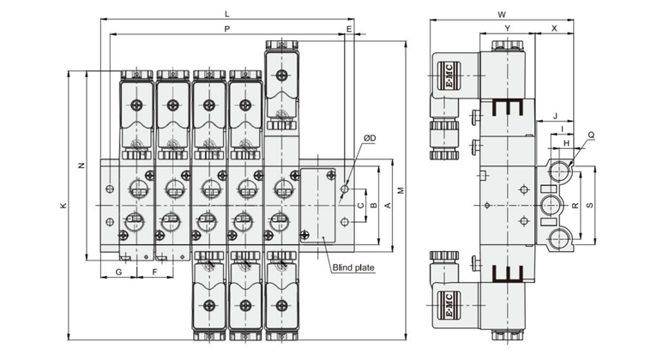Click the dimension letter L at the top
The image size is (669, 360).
(227, 14)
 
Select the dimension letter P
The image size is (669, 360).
(227, 29)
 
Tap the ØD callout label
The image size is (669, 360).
(370, 138)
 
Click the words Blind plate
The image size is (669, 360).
(353, 268)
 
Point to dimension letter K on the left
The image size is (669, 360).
(63, 206)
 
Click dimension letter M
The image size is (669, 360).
(401, 190)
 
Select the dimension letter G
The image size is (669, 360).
(119, 272)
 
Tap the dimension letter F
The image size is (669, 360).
(155, 272)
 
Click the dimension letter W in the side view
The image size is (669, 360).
(502, 15)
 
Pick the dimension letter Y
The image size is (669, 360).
(507, 28)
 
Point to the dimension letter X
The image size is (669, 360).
(554, 28)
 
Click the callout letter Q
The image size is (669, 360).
(591, 135)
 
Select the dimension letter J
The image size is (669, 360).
(555, 116)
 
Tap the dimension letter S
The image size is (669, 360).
(590, 205)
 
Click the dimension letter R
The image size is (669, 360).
(576, 205)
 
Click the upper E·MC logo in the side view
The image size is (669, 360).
(449, 76)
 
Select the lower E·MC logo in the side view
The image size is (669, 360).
(449, 305)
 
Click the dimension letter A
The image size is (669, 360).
(388, 206)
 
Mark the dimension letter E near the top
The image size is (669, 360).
(349, 29)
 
